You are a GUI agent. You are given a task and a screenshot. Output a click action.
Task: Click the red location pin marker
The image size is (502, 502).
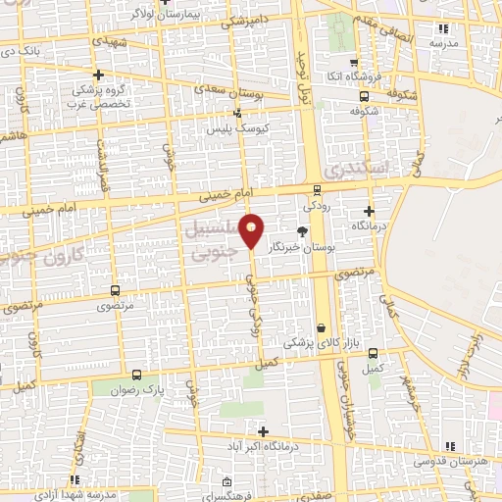252,229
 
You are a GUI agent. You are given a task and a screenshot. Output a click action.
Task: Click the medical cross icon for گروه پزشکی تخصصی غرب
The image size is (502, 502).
98,75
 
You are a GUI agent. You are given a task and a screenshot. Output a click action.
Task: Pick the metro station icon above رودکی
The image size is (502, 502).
317,190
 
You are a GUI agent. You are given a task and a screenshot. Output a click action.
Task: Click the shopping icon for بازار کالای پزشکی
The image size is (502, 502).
322,327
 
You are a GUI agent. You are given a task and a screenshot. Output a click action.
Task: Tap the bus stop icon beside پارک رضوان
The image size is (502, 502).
135,375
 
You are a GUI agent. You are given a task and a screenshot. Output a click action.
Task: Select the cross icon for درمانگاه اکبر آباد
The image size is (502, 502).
263,431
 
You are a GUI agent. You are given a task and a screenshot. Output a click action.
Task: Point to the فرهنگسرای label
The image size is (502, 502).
254,495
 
